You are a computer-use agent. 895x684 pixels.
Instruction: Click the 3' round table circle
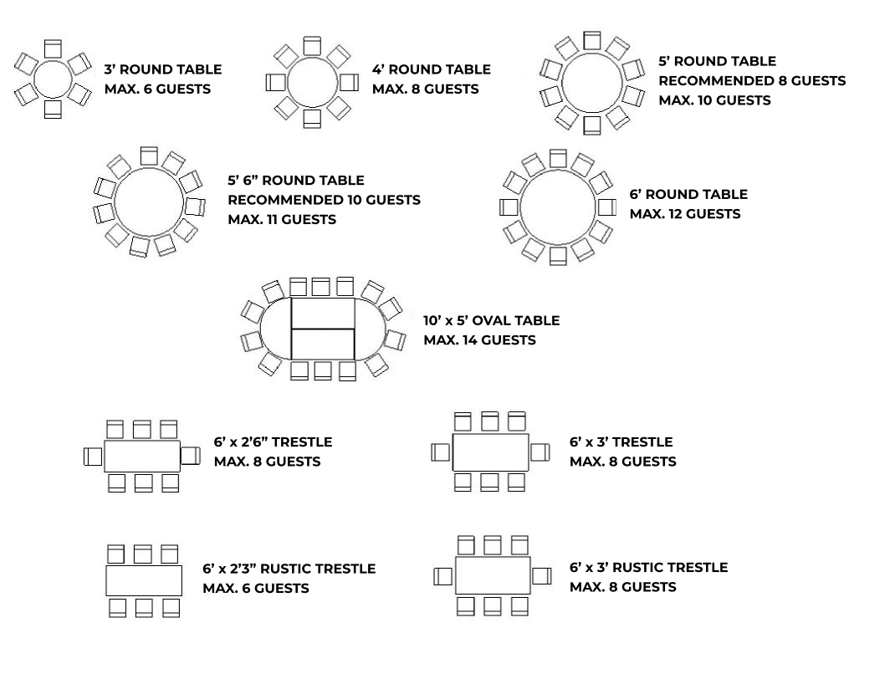click(x=53, y=79)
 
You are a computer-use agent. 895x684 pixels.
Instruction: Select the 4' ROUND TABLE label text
click(x=431, y=69)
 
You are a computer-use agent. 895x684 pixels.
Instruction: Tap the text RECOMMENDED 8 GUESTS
click(x=752, y=81)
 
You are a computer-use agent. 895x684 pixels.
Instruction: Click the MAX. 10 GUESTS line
click(x=714, y=100)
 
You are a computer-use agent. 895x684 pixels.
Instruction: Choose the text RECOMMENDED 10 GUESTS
click(x=324, y=200)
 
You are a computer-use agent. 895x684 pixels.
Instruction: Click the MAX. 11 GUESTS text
click(x=282, y=220)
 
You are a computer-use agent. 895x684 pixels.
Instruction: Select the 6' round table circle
click(x=557, y=207)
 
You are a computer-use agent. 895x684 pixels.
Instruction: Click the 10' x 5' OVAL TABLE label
click(x=491, y=321)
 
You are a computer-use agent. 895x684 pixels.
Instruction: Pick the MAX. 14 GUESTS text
click(x=479, y=340)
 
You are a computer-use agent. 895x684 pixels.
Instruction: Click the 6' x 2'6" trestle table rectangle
click(x=142, y=457)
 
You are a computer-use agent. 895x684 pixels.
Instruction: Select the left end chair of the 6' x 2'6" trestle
click(x=93, y=457)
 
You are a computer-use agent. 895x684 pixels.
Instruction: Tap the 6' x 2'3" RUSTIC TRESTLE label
click(x=289, y=569)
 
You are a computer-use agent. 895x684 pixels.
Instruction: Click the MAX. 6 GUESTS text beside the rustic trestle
click(x=255, y=589)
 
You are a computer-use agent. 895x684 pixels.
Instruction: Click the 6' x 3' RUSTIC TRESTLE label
click(x=648, y=568)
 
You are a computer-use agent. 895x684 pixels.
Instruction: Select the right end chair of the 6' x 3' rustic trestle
click(x=541, y=575)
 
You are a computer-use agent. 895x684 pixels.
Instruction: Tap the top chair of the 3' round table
click(x=53, y=48)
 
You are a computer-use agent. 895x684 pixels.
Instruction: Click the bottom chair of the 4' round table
click(x=313, y=119)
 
